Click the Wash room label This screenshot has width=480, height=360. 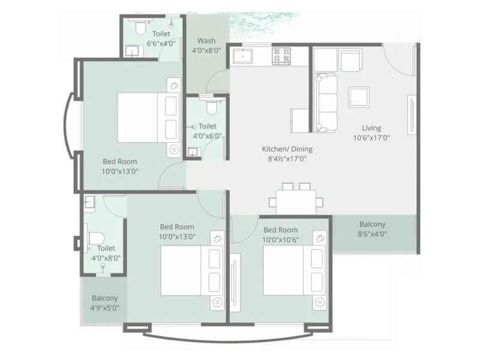[x=206, y=41]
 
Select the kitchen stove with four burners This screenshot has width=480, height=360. [x=281, y=56]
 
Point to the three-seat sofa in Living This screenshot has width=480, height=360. [x=326, y=103]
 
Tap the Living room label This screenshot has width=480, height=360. [x=371, y=128]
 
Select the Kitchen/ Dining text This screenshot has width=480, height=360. [x=287, y=149]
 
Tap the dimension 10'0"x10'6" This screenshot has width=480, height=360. [x=280, y=239]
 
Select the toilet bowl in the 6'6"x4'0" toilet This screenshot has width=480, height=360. [x=140, y=27]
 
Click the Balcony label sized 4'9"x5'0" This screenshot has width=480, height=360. [x=105, y=298]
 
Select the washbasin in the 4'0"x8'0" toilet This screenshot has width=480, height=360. [x=89, y=202]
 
